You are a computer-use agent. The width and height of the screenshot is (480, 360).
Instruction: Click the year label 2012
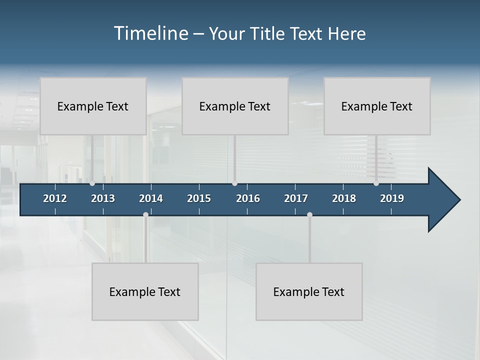(55, 198)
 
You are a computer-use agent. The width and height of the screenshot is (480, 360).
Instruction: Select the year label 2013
(103, 198)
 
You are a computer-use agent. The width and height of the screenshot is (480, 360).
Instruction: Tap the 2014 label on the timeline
(151, 198)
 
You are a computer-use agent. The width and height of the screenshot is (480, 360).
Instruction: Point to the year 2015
(199, 198)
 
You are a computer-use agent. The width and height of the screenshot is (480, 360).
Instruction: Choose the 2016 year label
(248, 198)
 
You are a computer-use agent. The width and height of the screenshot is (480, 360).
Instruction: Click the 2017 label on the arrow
(296, 198)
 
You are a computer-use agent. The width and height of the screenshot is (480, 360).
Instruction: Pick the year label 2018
(344, 198)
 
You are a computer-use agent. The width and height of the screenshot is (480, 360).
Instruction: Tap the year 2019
(392, 198)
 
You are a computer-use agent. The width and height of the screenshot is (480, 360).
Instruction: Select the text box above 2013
(93, 106)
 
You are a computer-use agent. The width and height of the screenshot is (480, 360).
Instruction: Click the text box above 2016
(235, 106)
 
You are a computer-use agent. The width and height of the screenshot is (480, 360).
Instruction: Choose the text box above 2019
(377, 106)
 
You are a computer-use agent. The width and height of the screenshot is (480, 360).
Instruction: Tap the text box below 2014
(145, 291)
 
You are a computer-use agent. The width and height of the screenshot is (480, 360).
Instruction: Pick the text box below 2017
(309, 291)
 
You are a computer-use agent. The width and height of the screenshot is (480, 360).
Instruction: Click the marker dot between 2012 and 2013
(92, 183)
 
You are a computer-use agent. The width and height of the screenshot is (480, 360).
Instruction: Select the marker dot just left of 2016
(234, 183)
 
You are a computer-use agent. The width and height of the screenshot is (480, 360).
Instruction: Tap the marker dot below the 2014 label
(145, 214)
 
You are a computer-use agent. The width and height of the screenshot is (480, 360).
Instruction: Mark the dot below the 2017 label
(309, 214)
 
